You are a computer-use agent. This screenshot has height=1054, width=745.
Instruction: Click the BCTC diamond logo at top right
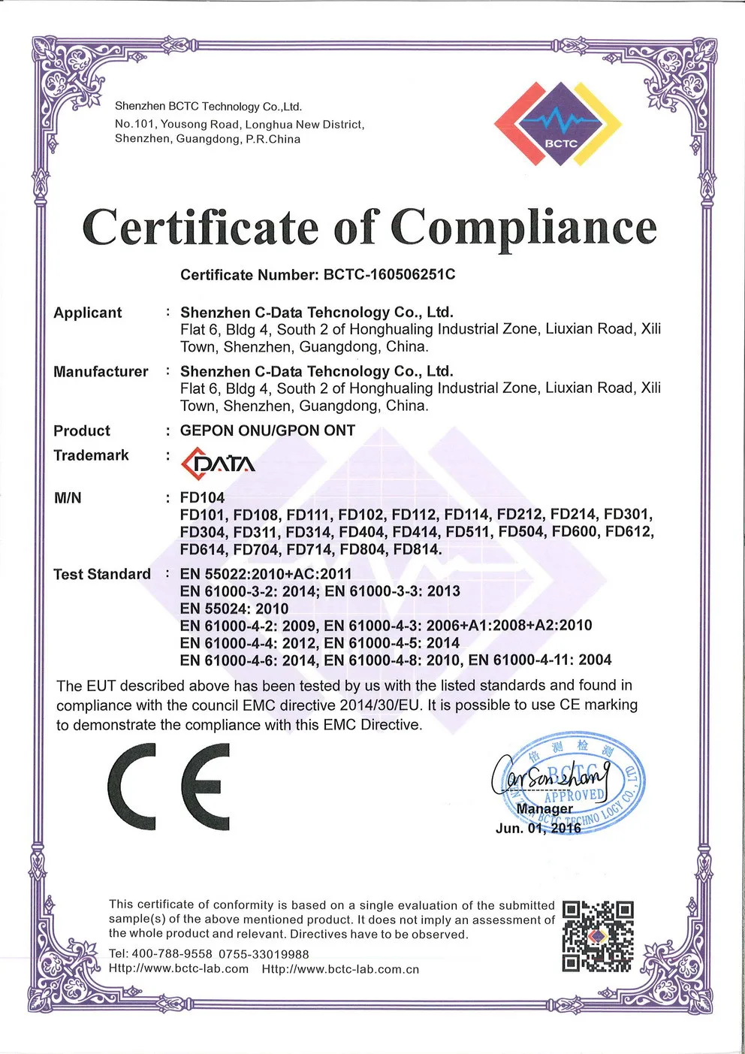click(558, 123)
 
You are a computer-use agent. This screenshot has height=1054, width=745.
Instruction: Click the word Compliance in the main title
click(523, 228)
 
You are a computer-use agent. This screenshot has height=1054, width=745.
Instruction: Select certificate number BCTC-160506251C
click(389, 274)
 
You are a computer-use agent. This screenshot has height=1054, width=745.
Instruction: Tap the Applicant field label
click(87, 313)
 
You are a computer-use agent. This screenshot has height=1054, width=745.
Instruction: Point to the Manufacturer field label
click(101, 372)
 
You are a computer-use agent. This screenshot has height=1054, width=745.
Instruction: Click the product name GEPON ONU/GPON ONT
click(267, 430)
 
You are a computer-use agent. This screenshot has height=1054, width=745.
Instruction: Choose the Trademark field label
click(91, 455)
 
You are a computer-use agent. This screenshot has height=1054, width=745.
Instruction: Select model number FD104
click(202, 497)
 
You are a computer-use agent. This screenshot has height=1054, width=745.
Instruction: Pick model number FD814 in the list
click(417, 549)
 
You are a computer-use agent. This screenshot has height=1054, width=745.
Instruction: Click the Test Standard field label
click(102, 574)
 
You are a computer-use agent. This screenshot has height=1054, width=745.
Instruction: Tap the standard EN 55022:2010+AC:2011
click(266, 574)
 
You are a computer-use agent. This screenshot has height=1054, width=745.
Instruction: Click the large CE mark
click(169, 787)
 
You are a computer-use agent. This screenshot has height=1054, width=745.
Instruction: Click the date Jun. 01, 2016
click(538, 828)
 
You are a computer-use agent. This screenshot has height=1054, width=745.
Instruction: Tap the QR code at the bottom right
click(598, 936)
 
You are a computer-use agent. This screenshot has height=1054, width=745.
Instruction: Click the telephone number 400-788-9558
click(172, 954)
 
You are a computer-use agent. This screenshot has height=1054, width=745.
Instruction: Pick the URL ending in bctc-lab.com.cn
click(340, 969)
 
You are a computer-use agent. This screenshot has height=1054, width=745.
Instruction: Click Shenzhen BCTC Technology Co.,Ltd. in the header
click(208, 107)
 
